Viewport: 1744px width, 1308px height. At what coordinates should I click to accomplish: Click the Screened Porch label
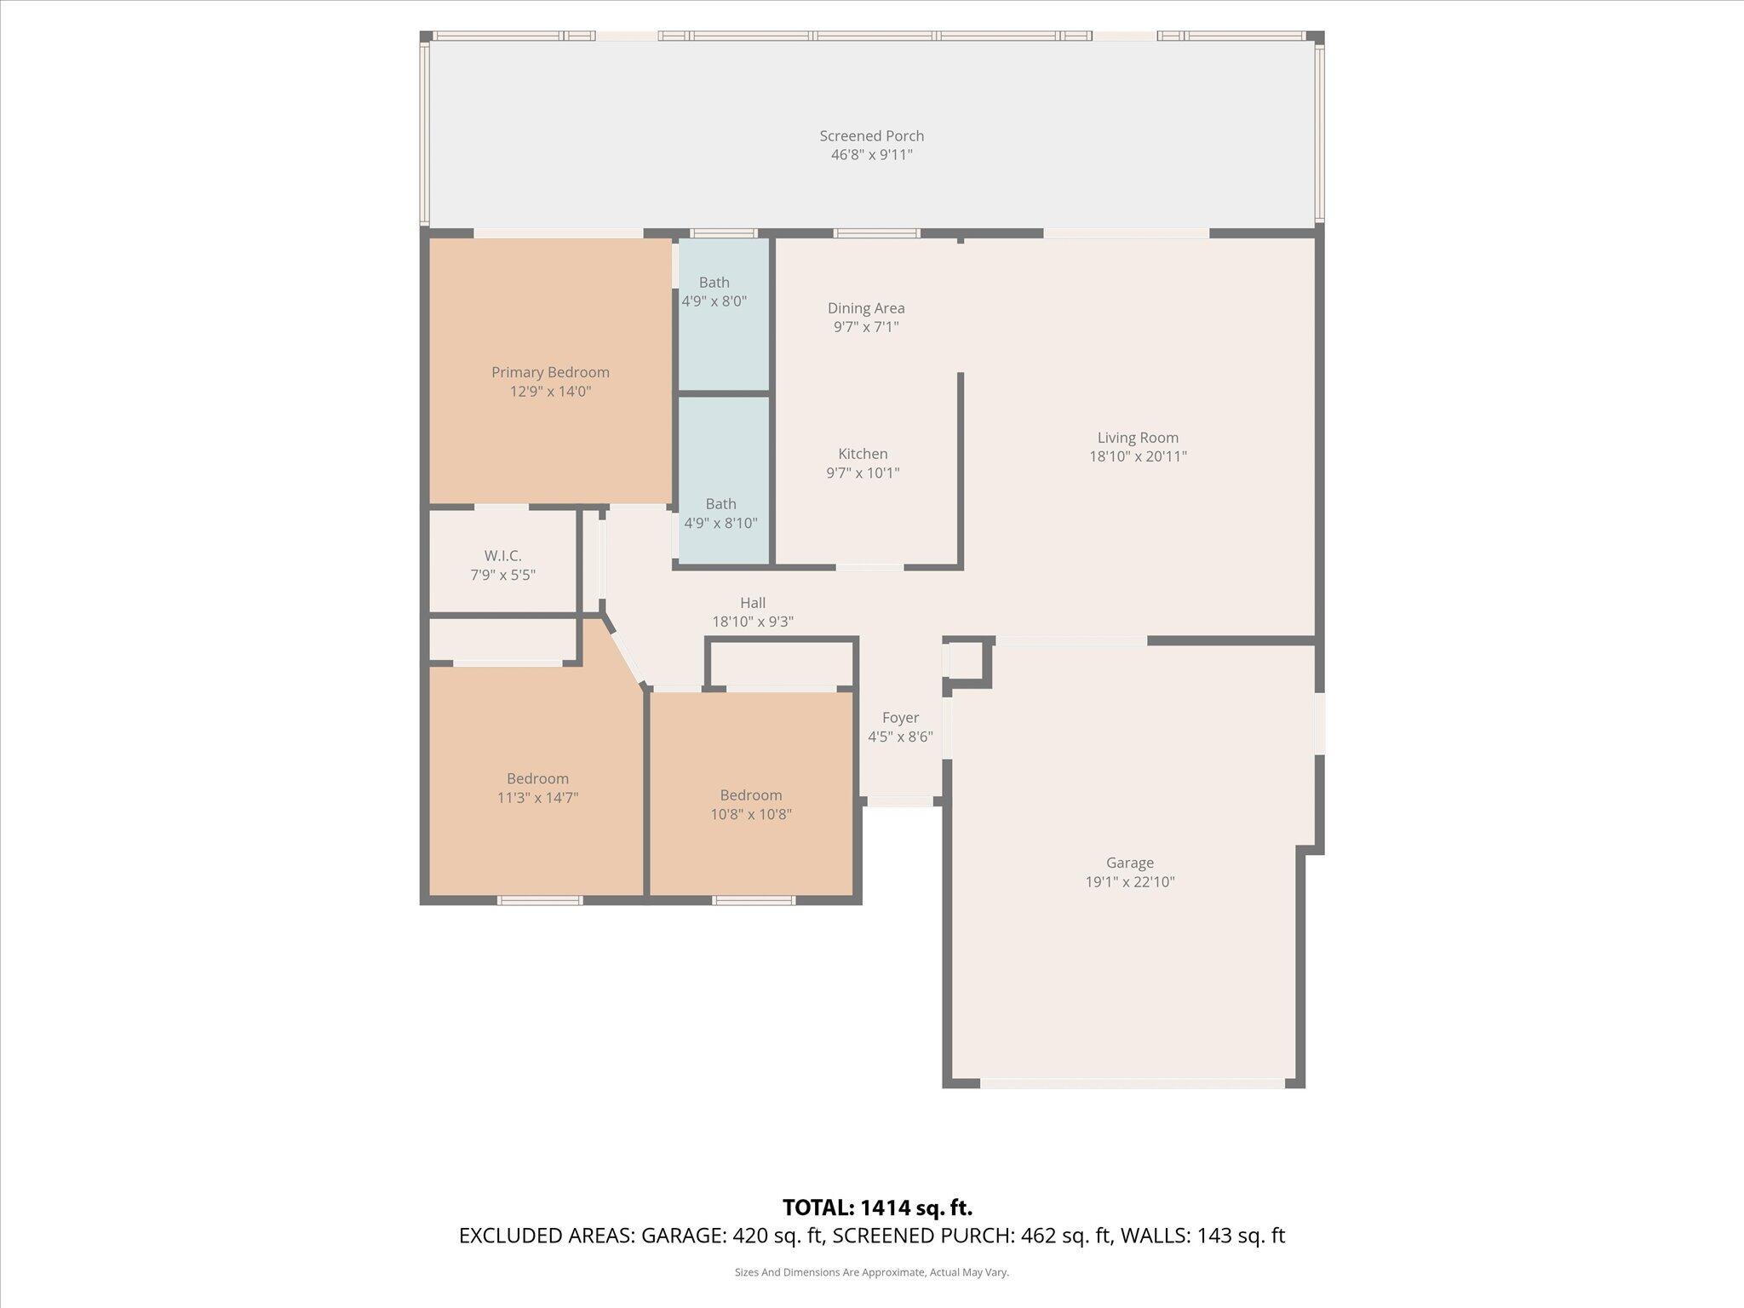click(x=871, y=136)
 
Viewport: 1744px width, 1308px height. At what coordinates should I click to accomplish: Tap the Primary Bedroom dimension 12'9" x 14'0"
click(x=550, y=392)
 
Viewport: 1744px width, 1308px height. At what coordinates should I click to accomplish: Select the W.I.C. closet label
click(x=502, y=556)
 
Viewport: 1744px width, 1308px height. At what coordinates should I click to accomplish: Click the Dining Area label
click(x=866, y=308)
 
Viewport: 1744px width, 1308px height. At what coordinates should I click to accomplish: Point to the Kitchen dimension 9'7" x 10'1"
click(x=863, y=473)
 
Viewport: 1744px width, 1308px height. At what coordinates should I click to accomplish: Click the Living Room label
click(x=1138, y=438)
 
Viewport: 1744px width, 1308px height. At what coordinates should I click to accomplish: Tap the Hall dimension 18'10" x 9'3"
click(x=753, y=622)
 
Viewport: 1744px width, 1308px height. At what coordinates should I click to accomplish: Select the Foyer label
click(x=900, y=718)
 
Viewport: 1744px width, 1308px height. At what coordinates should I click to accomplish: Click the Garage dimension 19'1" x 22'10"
click(x=1129, y=882)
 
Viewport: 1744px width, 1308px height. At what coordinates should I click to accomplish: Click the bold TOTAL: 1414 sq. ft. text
click(x=877, y=1208)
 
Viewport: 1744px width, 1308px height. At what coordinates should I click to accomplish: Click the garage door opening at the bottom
click(x=1133, y=1084)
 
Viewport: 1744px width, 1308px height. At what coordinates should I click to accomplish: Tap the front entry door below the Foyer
click(x=901, y=801)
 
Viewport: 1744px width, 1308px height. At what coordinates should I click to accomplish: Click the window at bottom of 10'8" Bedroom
click(x=754, y=900)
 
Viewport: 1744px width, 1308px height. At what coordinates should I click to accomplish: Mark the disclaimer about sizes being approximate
click(x=871, y=1272)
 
